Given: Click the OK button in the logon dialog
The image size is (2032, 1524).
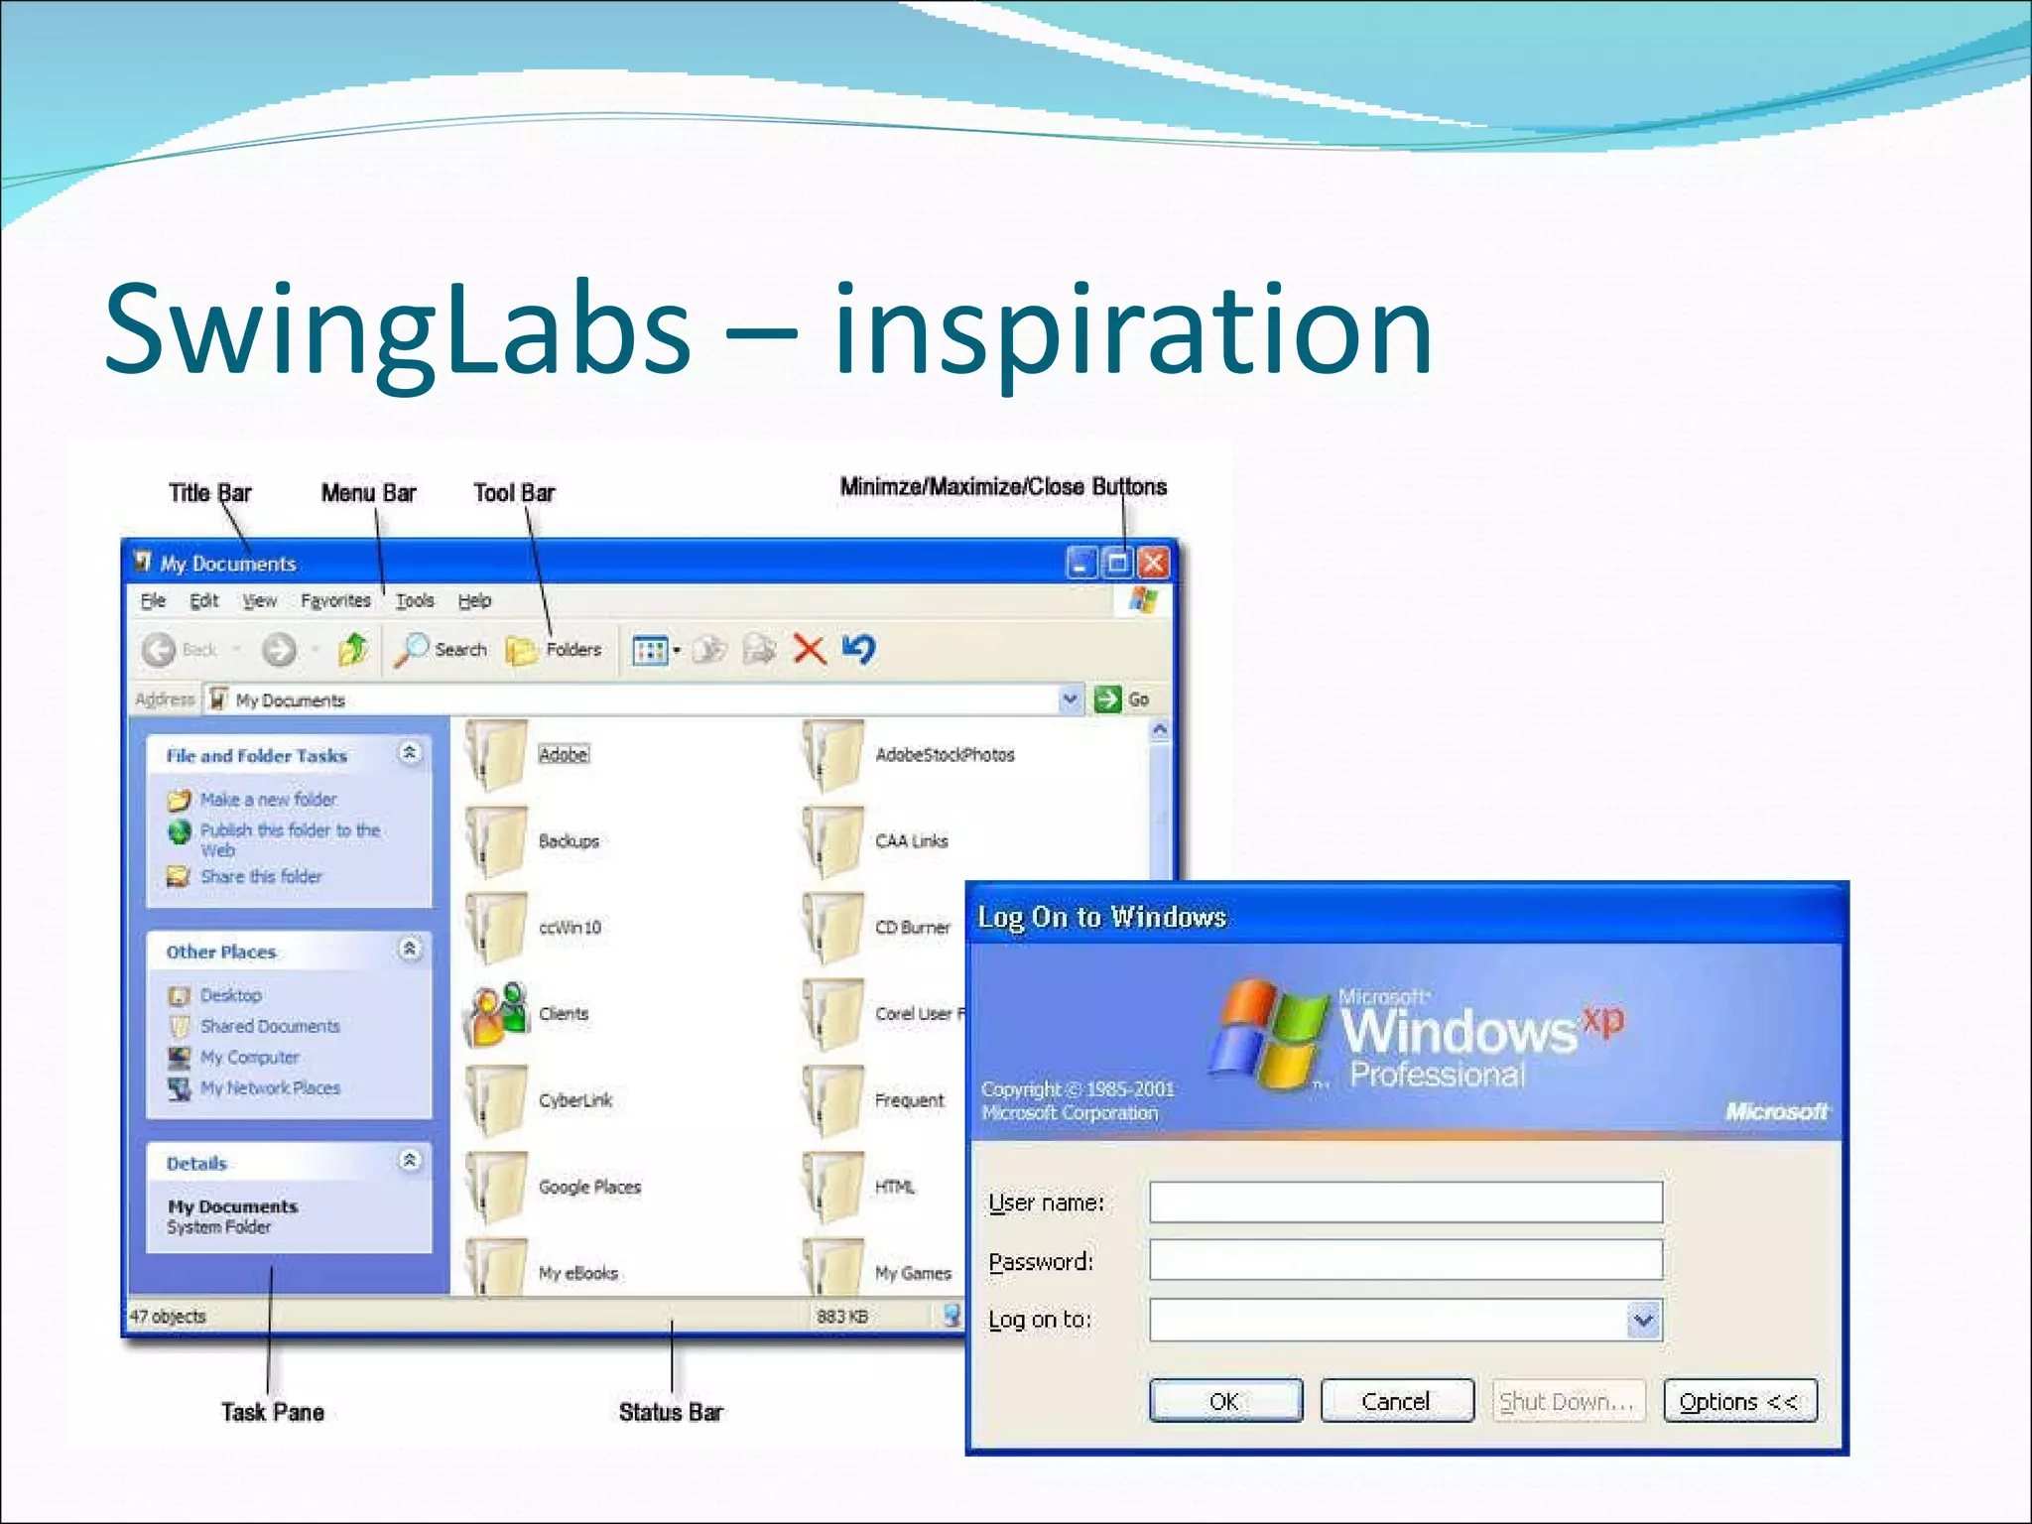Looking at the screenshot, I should (1225, 1400).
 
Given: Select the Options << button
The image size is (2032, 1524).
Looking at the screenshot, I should (1739, 1400).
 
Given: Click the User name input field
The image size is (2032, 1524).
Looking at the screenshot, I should (1405, 1202).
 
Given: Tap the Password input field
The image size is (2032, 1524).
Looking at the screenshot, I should (1405, 1260).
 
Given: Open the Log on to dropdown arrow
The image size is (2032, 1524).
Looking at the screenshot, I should (1643, 1320).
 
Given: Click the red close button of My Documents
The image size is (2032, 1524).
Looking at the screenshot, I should (1153, 564).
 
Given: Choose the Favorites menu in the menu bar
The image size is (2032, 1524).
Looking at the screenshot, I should (335, 600).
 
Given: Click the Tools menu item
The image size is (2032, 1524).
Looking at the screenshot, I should (415, 600).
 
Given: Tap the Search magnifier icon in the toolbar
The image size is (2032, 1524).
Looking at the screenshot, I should (411, 650).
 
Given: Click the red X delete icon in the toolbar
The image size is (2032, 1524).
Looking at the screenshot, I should (810, 650).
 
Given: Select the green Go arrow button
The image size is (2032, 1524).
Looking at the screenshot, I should (1107, 699).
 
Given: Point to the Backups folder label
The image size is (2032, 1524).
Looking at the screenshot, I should (569, 841).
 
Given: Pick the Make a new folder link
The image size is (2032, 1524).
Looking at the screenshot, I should (268, 800).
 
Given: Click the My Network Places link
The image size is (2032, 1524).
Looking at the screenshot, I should (270, 1088).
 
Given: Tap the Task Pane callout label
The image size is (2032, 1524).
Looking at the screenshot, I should (273, 1412).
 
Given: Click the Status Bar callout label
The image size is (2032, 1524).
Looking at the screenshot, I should (671, 1412).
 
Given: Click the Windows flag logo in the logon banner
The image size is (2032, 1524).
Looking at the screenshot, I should (1267, 1032).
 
